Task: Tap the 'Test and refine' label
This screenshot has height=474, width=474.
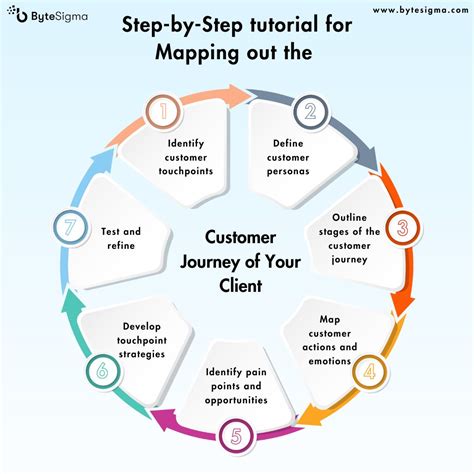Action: pos(120,238)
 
